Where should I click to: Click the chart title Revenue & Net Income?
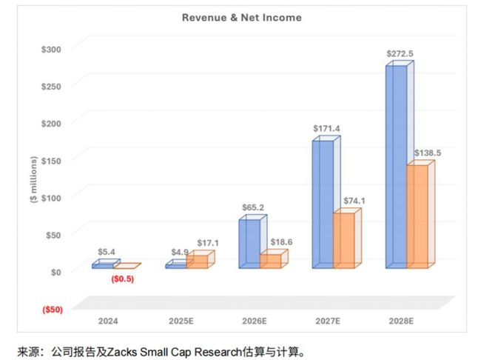(241, 17)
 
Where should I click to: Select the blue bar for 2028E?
(395, 167)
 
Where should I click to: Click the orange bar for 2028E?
(417, 216)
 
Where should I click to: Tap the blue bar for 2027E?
(323, 204)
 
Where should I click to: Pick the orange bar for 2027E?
(343, 240)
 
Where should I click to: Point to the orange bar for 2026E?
(270, 260)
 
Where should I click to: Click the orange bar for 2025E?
(197, 261)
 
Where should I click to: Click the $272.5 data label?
(400, 54)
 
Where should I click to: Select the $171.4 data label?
(327, 129)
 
